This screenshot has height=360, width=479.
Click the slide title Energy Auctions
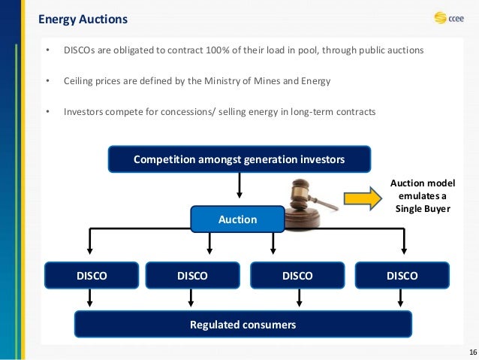point(83,18)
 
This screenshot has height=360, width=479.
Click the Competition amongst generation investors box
point(239,159)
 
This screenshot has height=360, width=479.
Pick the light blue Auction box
point(237,219)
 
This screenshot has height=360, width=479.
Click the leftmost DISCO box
point(92,276)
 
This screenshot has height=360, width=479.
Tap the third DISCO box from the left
point(297,276)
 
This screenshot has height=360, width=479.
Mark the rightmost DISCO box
point(402,276)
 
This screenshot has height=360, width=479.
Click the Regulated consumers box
point(242,325)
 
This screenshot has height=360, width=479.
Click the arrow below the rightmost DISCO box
point(404,299)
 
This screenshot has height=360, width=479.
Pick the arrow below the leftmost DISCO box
point(91,299)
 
